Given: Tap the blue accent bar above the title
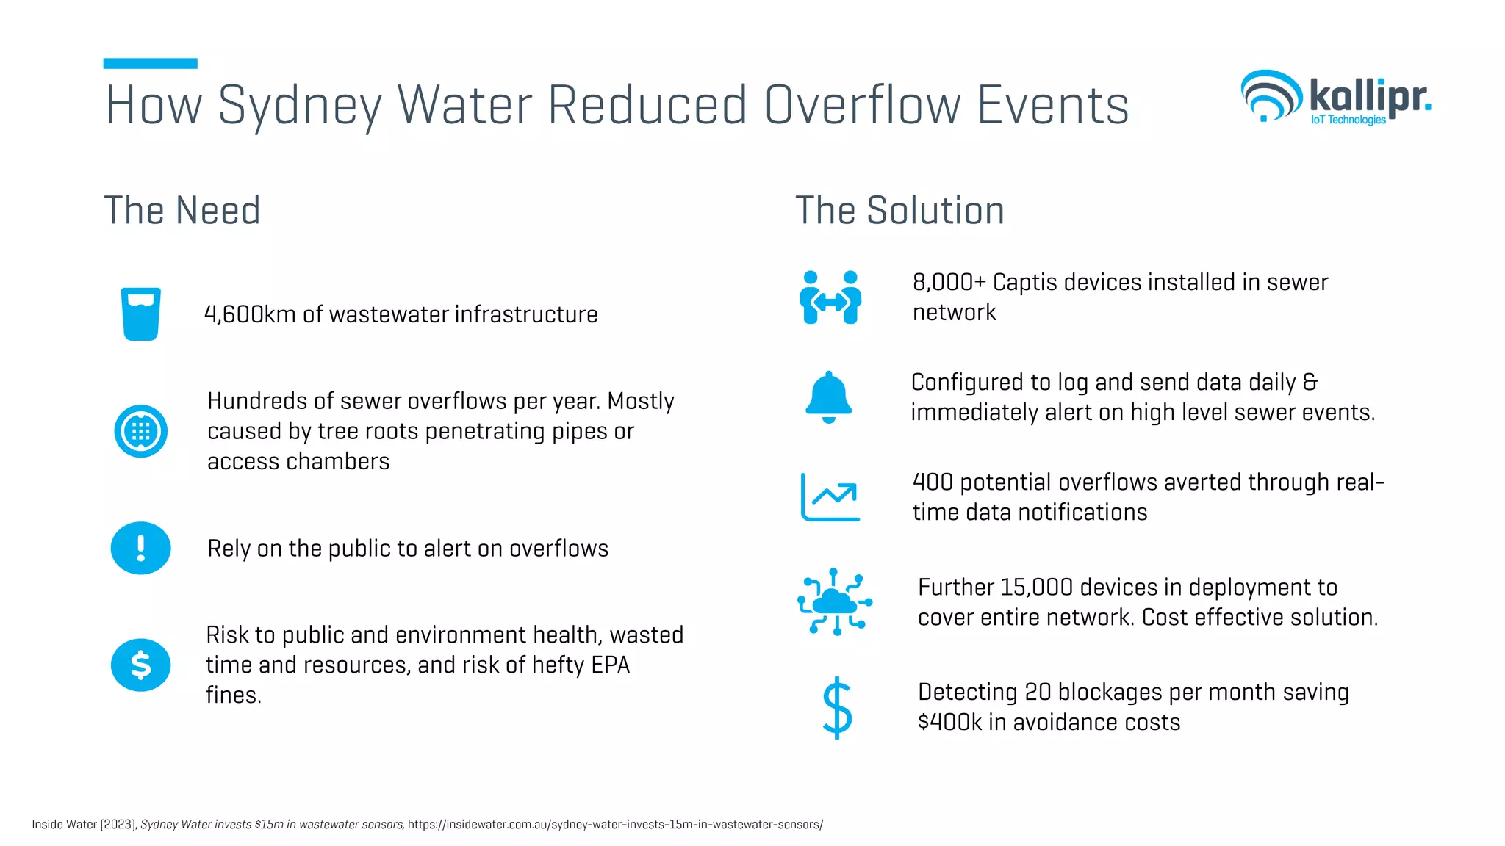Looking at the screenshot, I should (150, 64).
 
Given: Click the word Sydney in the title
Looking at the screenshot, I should (300, 106).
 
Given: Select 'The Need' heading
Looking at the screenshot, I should (182, 211).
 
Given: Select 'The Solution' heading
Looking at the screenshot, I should (899, 211).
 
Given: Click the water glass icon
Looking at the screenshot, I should (140, 314).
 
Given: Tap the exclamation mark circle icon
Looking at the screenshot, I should (140, 548).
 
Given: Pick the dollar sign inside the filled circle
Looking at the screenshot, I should (140, 665).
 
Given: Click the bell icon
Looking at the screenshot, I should (829, 397).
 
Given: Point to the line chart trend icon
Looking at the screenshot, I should (830, 497).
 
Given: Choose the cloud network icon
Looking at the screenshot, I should (835, 601).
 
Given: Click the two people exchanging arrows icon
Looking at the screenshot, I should (830, 297).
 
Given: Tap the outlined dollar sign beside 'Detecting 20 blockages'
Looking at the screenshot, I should (837, 707).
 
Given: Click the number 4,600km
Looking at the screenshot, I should (250, 314).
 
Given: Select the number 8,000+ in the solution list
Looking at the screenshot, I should (949, 282).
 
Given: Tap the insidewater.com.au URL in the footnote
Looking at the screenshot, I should (615, 825).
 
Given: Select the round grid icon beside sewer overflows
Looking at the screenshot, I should (140, 431).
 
